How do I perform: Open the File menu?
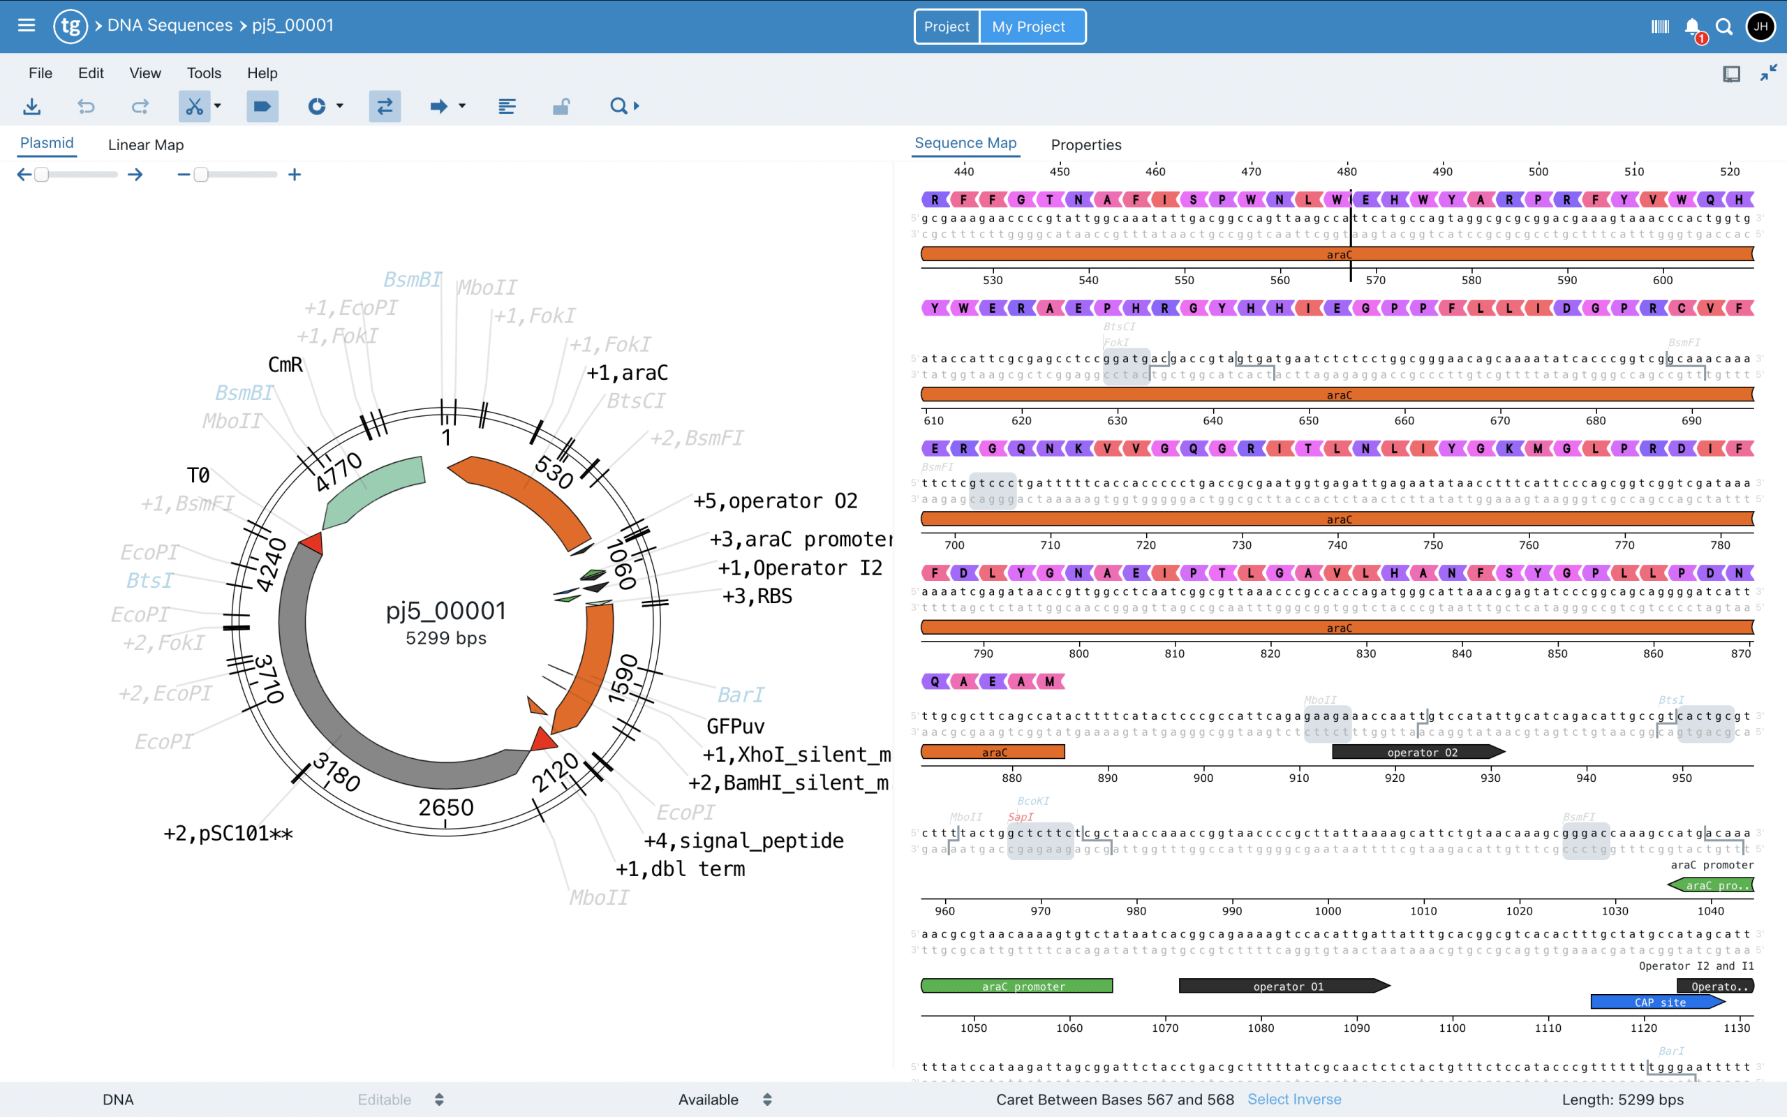(x=40, y=73)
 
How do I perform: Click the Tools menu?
(x=204, y=73)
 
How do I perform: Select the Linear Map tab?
(x=145, y=145)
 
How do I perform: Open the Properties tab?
(x=1085, y=145)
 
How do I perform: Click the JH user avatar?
(x=1760, y=27)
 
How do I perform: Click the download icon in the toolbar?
(x=31, y=106)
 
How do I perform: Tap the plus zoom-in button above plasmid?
(x=295, y=175)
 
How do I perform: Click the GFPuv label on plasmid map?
(x=736, y=726)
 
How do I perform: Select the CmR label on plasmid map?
(x=285, y=365)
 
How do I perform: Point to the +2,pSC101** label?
(x=228, y=834)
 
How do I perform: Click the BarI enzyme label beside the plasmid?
(x=741, y=695)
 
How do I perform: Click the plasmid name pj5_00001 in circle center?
(x=446, y=611)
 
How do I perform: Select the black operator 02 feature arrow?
(x=1418, y=752)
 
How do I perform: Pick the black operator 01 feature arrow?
(x=1284, y=986)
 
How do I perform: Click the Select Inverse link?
(x=1293, y=1100)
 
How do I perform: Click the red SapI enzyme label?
(x=1021, y=817)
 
